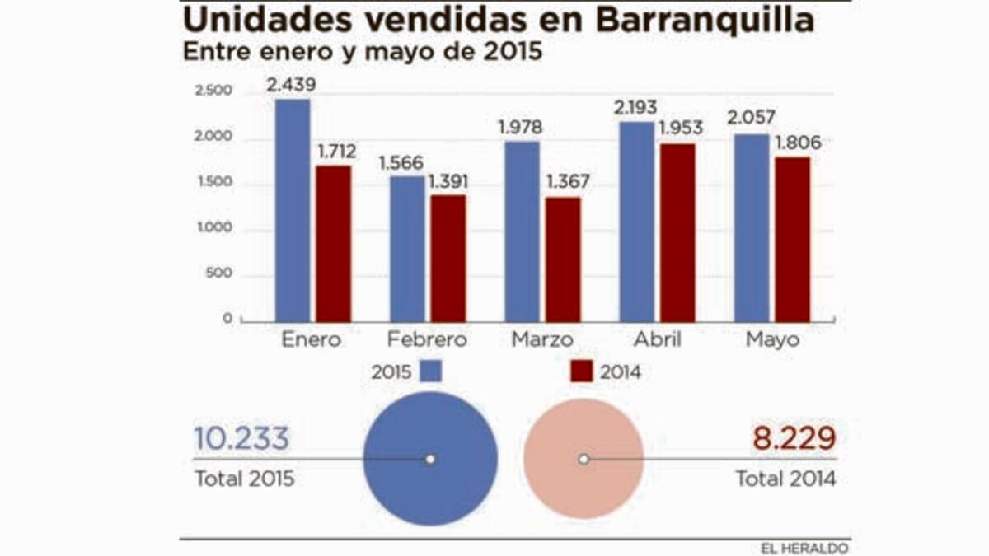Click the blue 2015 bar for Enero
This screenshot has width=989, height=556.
(x=293, y=210)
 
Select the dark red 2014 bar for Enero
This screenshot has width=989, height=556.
(x=333, y=243)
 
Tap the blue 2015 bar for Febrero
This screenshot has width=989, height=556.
(x=407, y=248)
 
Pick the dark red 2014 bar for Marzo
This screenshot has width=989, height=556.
(x=563, y=259)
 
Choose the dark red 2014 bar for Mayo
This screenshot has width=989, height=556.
(x=793, y=239)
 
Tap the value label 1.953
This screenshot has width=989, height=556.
(x=680, y=128)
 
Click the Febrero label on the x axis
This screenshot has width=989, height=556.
(x=427, y=339)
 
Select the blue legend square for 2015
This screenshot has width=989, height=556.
(x=430, y=371)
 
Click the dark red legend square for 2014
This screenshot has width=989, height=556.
(x=581, y=371)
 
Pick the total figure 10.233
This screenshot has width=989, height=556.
(x=241, y=438)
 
